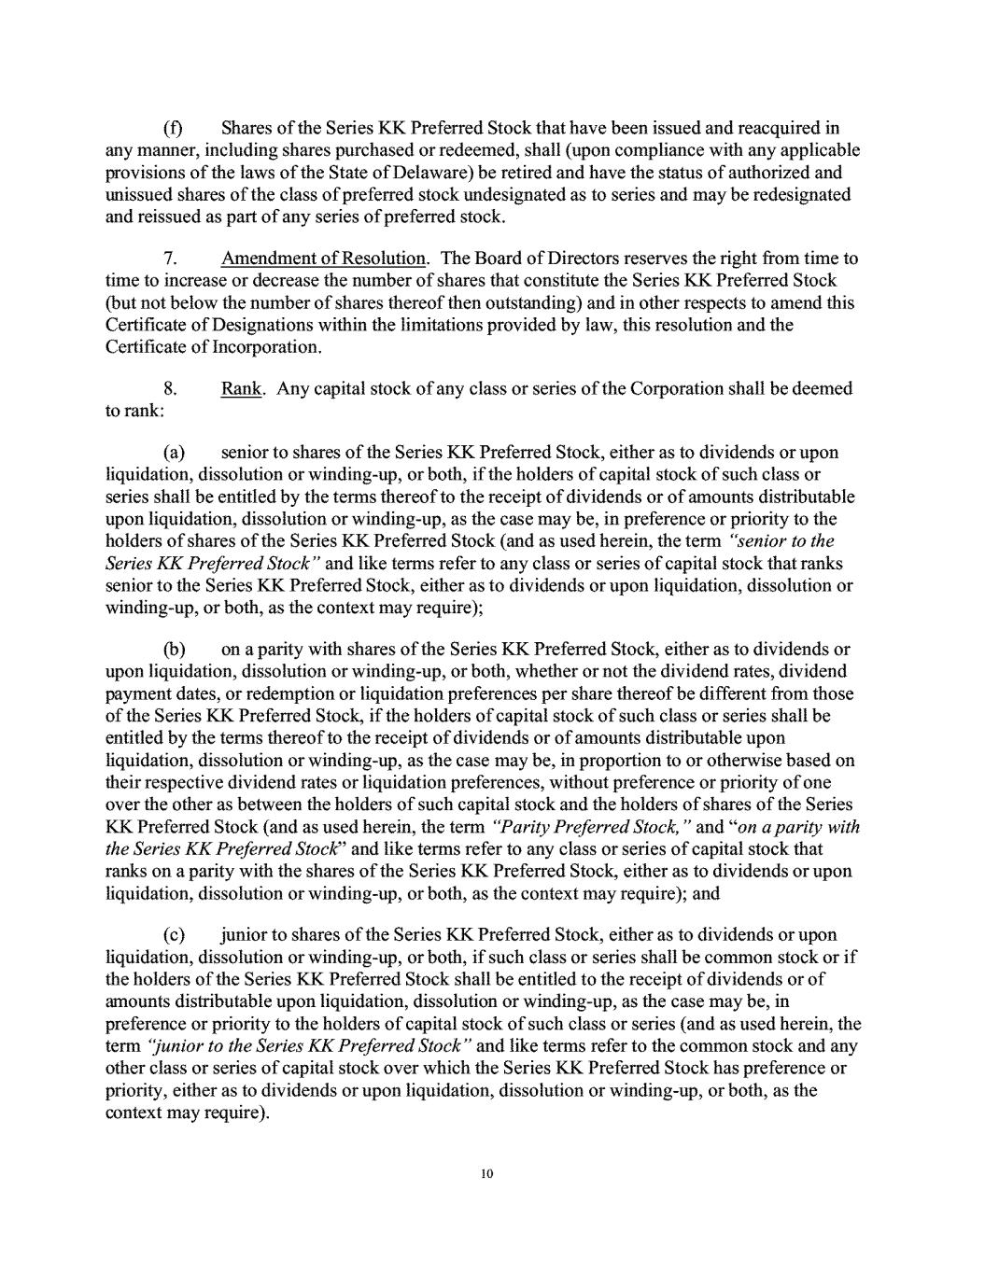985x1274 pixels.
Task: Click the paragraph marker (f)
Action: point(172,128)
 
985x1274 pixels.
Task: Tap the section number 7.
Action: point(171,258)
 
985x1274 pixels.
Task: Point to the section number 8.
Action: point(171,387)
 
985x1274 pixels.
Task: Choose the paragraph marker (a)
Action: point(173,453)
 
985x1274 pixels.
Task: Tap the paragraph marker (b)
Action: point(174,649)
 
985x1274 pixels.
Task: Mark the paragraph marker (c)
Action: point(173,934)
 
